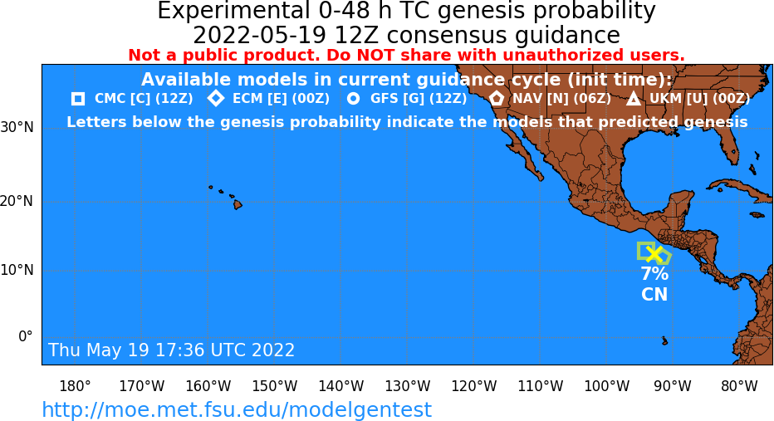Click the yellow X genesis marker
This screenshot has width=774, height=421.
654,254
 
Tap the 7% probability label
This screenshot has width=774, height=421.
654,273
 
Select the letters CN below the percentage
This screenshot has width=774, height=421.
654,295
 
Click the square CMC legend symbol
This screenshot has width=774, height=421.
78,99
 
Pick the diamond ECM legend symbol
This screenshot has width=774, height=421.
216,99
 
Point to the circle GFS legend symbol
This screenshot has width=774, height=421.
354,99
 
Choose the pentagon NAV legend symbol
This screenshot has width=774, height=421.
497,99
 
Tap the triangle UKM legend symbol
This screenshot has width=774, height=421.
634,99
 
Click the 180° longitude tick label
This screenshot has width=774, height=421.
75,386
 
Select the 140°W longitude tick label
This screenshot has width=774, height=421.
341,386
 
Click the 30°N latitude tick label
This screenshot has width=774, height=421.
17,127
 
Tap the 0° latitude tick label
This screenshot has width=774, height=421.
26,336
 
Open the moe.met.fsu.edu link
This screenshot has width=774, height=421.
237,409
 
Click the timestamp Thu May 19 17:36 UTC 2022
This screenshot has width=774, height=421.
171,350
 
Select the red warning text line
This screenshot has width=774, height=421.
406,55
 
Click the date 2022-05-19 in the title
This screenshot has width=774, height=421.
260,36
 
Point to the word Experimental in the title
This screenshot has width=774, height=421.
231,11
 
